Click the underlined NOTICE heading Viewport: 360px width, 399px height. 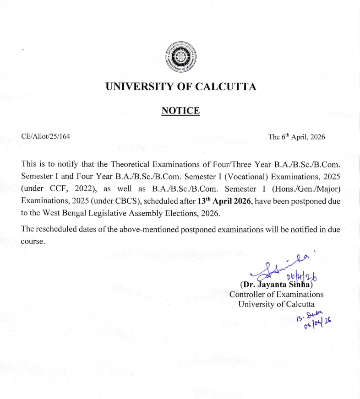tap(180, 111)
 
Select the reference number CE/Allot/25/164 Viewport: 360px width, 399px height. tap(46, 136)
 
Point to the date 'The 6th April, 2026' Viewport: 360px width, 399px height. tap(296, 137)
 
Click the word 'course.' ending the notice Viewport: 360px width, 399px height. tap(33, 242)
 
